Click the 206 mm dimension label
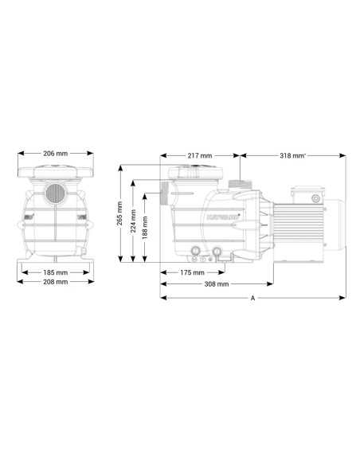coord(56,154)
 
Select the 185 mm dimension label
coord(56,272)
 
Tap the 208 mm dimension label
coord(56,282)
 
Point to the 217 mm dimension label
coord(200,155)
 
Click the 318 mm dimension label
coord(292,155)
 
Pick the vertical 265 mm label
coord(119,213)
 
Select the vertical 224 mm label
coord(133,221)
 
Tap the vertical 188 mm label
coord(145,228)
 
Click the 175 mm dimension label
coord(192,272)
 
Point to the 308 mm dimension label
coord(217,284)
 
